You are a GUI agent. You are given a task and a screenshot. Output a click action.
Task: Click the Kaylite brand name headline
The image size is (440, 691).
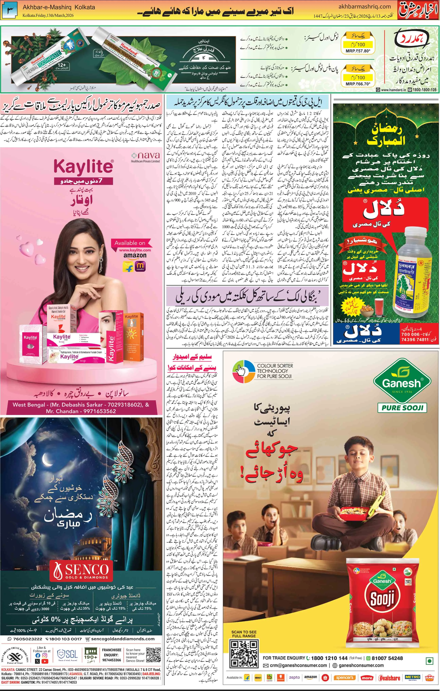coord(83,167)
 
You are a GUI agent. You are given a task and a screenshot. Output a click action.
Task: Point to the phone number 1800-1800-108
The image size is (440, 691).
coord(422,90)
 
